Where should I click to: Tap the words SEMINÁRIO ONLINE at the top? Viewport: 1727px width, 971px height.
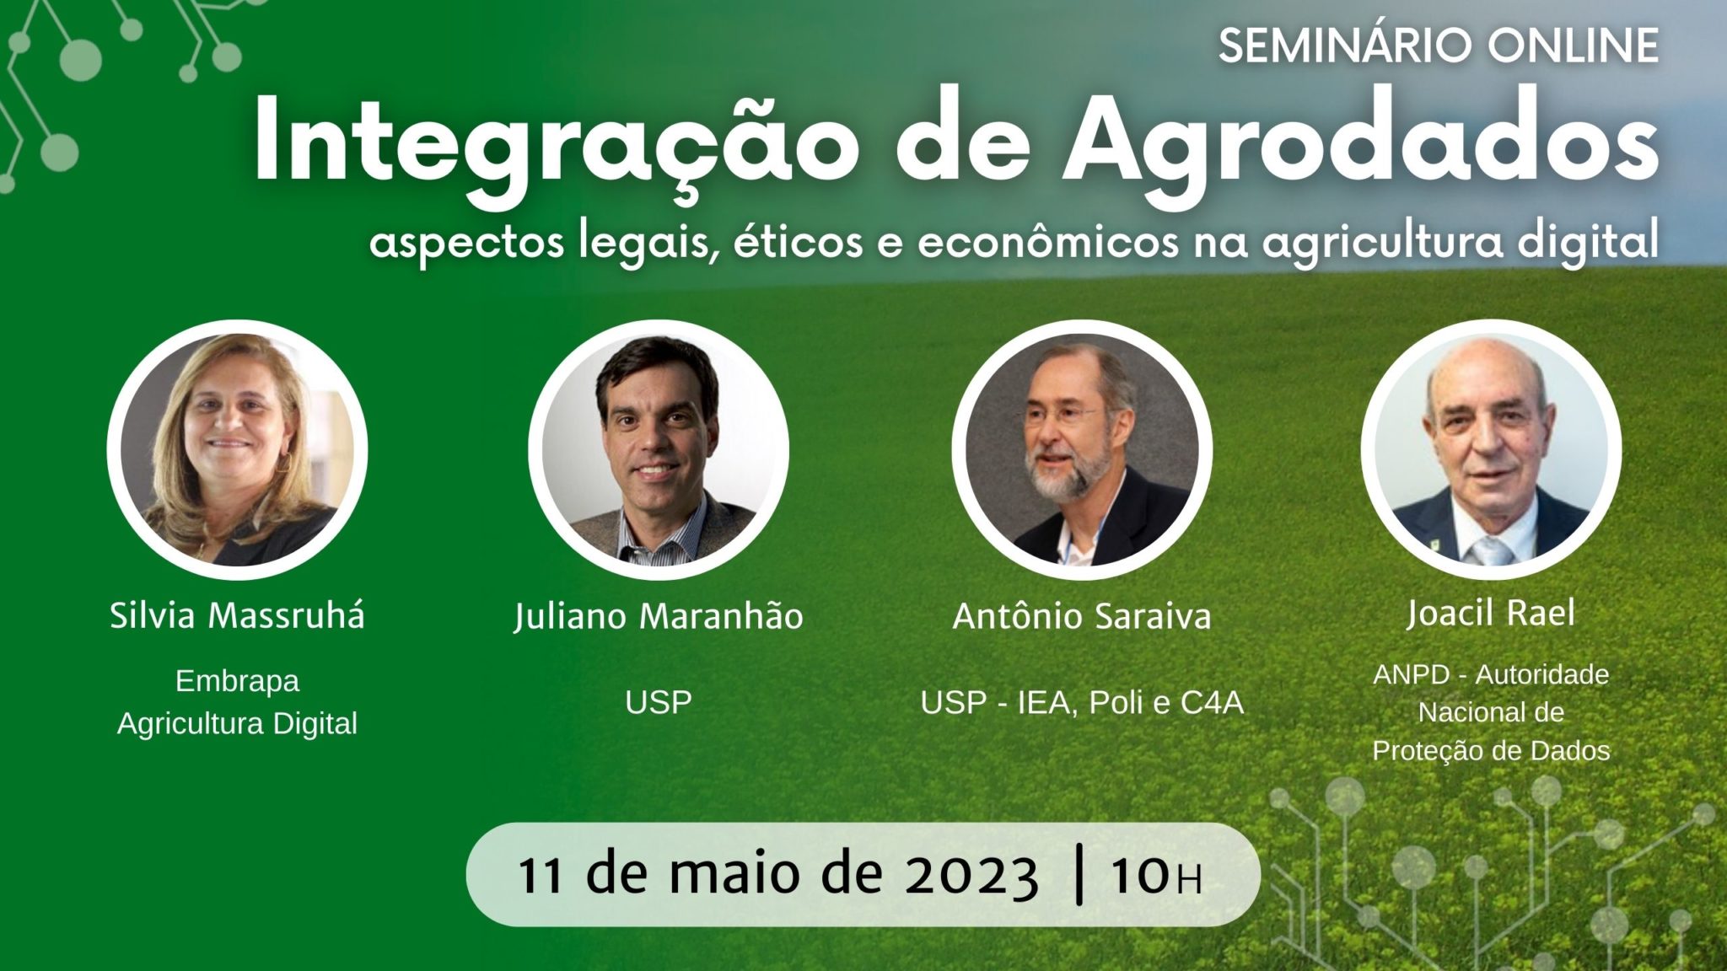1439,46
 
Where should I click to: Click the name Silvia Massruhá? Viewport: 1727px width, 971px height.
237,615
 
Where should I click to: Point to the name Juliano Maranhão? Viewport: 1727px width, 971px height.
659,615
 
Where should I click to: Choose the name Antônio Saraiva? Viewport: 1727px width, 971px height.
1082,616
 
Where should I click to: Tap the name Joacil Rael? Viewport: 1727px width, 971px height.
1491,613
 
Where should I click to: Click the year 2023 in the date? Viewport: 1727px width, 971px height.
971,876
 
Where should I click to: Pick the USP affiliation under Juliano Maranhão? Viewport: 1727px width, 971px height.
659,702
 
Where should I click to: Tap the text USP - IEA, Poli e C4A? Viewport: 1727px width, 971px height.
1082,702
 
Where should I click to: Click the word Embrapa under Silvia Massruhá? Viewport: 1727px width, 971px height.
237,681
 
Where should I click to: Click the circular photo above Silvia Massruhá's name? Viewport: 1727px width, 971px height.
237,449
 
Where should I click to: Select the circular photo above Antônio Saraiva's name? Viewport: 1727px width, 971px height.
1082,449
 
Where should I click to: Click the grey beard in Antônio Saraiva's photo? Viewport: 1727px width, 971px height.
1061,472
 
